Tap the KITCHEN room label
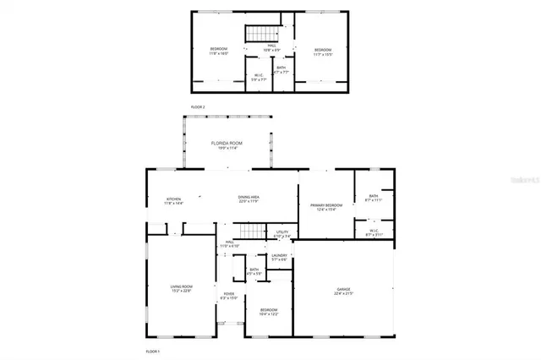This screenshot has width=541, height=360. point(173,201)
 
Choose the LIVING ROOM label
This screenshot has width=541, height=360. point(182,289)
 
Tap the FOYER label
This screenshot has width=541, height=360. point(229,296)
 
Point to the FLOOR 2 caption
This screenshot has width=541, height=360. point(198,107)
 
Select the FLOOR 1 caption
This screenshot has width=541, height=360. point(152,350)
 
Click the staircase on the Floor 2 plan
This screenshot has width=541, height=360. point(257,34)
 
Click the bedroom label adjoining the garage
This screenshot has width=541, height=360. point(269,312)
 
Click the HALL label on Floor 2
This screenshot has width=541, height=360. point(272,47)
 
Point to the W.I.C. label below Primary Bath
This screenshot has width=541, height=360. point(374,232)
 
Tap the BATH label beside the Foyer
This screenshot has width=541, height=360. point(254,271)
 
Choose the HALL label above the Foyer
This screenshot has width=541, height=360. point(229,244)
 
